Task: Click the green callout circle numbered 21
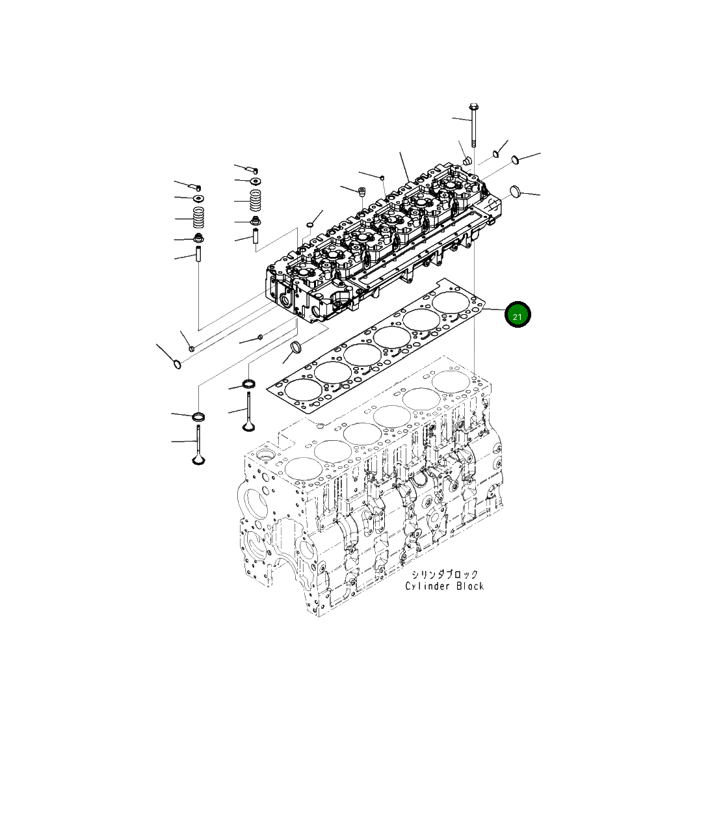pyautogui.click(x=518, y=315)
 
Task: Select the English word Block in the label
pyautogui.click(x=470, y=586)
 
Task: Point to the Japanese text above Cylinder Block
pyautogui.click(x=444, y=574)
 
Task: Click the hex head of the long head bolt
pyautogui.click(x=473, y=107)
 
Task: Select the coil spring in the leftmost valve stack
pyautogui.click(x=199, y=217)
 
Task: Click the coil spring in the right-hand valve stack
pyautogui.click(x=256, y=200)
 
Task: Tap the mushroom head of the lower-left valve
pyautogui.click(x=198, y=460)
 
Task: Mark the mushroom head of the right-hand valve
pyautogui.click(x=249, y=427)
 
